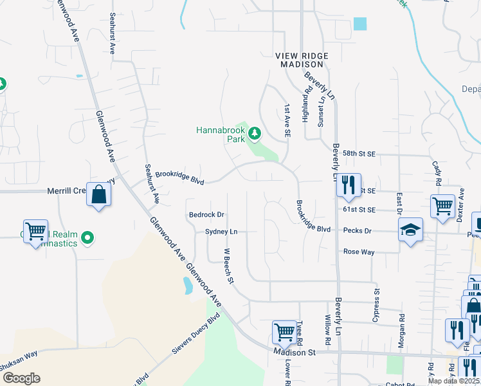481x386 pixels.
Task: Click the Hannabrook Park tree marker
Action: [255, 133]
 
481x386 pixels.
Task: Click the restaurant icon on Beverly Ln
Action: [348, 185]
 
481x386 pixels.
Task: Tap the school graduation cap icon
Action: [410, 230]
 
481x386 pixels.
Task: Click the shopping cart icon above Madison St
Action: [284, 332]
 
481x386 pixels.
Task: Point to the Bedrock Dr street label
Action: [206, 215]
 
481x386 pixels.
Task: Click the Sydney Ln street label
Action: [221, 232]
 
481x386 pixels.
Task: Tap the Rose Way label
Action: [359, 252]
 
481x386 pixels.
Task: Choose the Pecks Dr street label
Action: [358, 230]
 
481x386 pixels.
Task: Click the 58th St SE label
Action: [359, 154]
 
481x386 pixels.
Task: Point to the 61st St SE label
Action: [359, 210]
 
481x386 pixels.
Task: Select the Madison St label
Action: [295, 353]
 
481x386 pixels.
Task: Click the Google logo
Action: [21, 378]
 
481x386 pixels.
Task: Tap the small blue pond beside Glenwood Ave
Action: [186, 285]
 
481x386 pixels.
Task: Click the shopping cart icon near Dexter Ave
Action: [442, 207]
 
